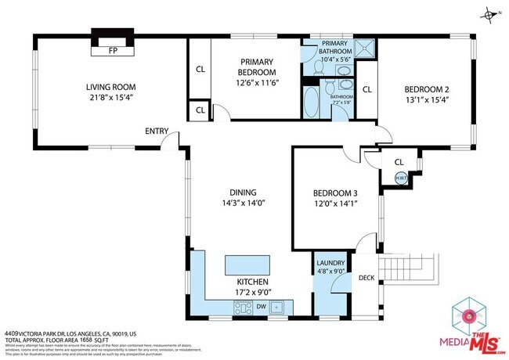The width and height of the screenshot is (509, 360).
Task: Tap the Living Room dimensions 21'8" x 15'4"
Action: (x=111, y=97)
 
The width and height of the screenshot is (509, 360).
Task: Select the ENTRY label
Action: (x=157, y=131)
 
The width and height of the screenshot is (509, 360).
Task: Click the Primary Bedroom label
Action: (x=256, y=67)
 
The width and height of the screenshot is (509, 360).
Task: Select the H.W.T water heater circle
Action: (x=399, y=178)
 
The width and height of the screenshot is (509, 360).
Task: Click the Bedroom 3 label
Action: (x=334, y=193)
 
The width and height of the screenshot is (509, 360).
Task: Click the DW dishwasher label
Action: (x=260, y=306)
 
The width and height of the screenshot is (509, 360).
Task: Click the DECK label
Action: (x=366, y=278)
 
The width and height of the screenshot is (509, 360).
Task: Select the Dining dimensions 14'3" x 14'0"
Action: (x=242, y=203)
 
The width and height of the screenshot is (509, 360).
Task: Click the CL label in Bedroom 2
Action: (x=367, y=89)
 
